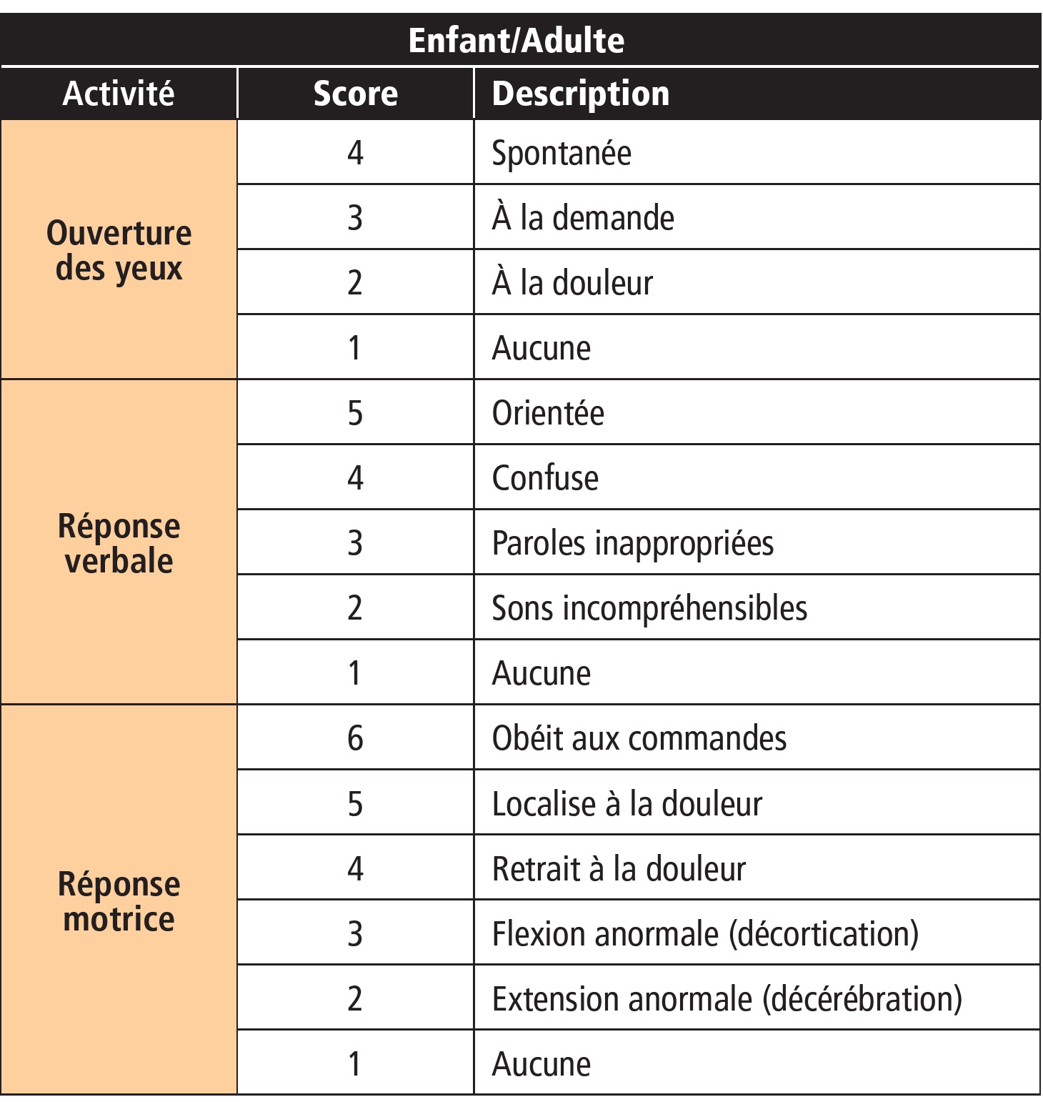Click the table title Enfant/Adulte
click(516, 40)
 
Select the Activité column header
click(119, 94)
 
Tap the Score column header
click(356, 94)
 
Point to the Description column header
click(581, 94)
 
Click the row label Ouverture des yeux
click(119, 250)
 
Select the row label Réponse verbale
click(119, 543)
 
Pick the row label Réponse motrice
click(119, 900)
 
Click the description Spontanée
click(562, 153)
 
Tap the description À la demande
click(583, 218)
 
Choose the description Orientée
click(548, 413)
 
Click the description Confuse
click(545, 478)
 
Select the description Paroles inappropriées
click(633, 543)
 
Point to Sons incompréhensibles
click(649, 608)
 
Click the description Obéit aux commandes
click(639, 738)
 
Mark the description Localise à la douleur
click(627, 804)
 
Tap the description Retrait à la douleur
click(619, 869)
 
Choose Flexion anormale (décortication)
click(705, 934)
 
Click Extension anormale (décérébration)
click(727, 999)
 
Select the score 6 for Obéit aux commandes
click(355, 738)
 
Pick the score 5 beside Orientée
click(355, 413)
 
